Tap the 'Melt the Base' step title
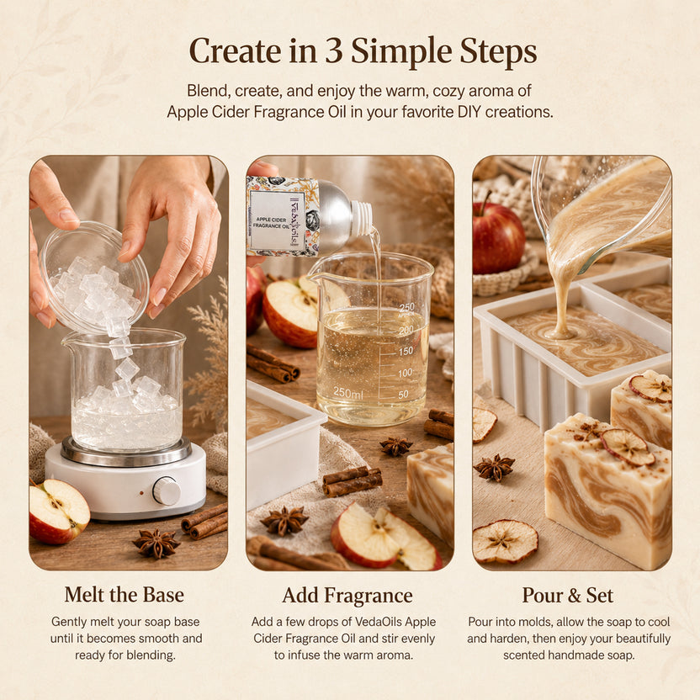point(125,595)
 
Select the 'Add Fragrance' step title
point(347,596)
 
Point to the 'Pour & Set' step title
point(568,595)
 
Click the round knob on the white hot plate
point(167,491)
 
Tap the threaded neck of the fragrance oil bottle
point(362,218)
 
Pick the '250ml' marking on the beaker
point(348,393)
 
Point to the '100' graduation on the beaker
point(405,373)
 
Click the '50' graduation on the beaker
point(403,395)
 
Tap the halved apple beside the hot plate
point(59,512)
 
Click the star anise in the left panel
point(156,543)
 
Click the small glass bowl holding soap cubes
point(93,277)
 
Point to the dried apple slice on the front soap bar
point(628,447)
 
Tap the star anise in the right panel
point(494,468)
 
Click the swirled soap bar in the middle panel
point(431,491)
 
